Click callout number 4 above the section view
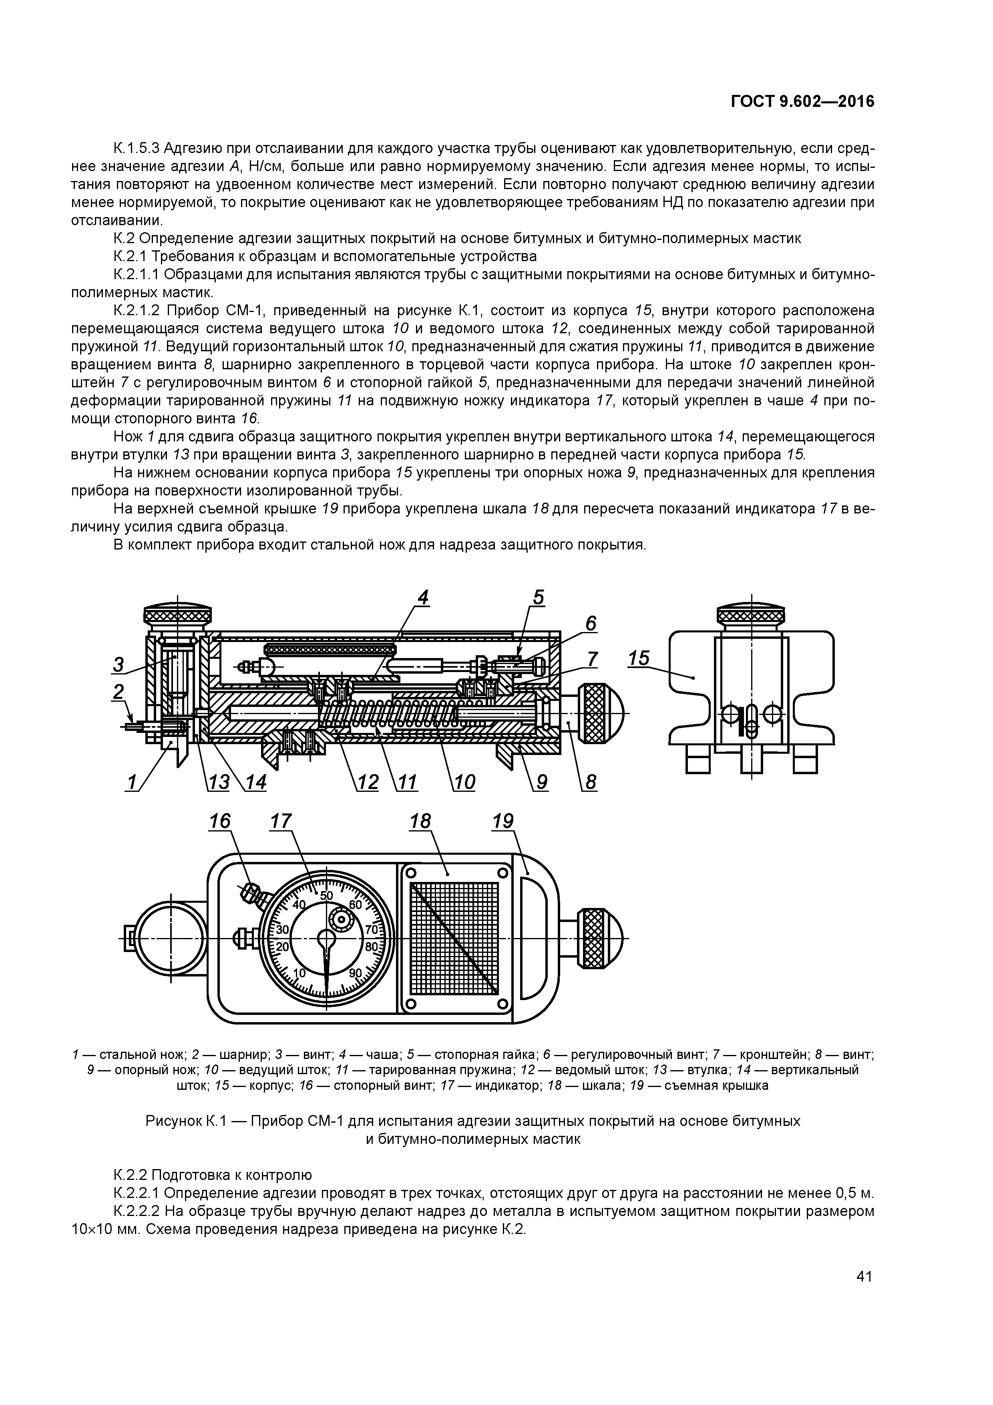tap(423, 597)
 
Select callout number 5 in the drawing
tap(538, 597)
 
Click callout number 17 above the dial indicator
tap(281, 821)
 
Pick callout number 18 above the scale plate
tap(420, 821)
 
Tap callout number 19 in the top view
tap(503, 821)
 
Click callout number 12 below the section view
tap(367, 782)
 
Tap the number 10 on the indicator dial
tap(299, 973)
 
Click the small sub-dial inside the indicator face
tap(340, 918)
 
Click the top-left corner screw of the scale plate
tap(411, 873)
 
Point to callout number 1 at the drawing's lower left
tap(131, 782)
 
